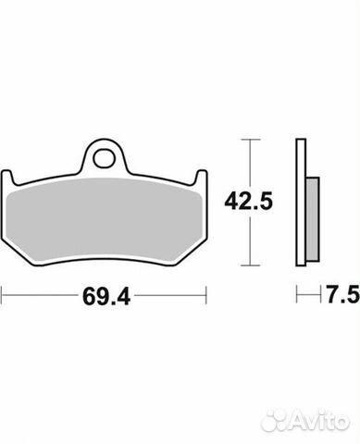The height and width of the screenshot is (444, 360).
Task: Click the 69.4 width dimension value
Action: (x=106, y=296)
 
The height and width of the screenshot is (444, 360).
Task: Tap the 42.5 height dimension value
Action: (x=249, y=201)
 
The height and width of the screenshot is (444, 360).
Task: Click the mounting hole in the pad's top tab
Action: (x=104, y=159)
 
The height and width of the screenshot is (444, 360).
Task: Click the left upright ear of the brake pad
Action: (x=7, y=178)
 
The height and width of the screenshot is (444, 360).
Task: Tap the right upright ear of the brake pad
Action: (x=202, y=178)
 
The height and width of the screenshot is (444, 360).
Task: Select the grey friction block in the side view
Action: (x=313, y=219)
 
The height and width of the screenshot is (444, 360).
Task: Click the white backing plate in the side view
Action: (x=301, y=203)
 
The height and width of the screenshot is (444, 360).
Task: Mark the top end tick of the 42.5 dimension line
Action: (x=251, y=140)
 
